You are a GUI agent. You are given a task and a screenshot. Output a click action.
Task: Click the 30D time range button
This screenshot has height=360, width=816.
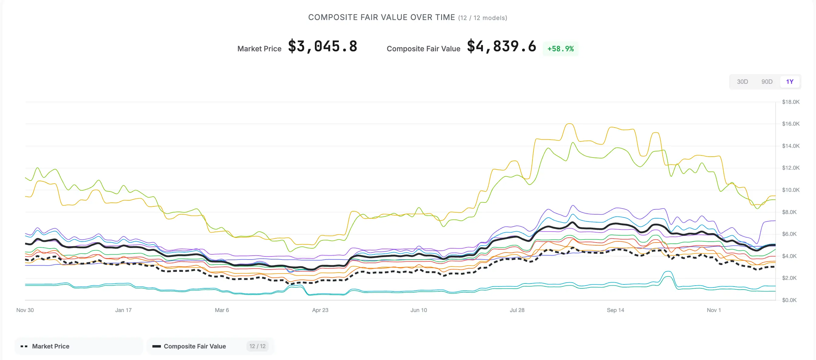tap(742, 82)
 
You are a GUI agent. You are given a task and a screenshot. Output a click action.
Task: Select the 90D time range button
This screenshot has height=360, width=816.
tap(767, 82)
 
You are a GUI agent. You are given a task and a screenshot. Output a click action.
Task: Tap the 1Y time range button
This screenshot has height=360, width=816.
tap(789, 82)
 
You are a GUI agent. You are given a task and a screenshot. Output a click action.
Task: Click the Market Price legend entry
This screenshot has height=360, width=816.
tap(50, 346)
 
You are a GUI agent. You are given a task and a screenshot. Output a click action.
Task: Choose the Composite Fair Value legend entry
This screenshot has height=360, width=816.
tap(195, 346)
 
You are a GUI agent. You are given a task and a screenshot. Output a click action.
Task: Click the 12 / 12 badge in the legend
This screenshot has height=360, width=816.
tap(257, 346)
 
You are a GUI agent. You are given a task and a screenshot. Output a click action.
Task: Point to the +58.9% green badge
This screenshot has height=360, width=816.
tap(560, 49)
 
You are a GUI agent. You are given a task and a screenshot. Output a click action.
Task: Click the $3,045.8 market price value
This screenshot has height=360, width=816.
tap(322, 46)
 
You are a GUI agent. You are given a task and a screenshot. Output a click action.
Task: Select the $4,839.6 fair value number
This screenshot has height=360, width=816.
tap(501, 46)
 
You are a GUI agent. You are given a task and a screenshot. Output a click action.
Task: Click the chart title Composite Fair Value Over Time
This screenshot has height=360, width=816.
tap(381, 17)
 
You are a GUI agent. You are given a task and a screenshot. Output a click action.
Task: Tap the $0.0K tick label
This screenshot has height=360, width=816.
tap(789, 300)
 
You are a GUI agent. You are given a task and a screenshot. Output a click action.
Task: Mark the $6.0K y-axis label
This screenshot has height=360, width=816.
tap(789, 234)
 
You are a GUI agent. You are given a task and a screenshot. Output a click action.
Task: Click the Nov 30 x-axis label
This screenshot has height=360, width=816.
tap(25, 310)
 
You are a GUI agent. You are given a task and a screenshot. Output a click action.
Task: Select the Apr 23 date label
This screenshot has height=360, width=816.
tap(320, 310)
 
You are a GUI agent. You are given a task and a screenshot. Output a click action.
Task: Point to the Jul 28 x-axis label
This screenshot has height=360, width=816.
tap(517, 310)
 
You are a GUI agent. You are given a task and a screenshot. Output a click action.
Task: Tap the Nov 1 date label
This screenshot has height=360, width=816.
tap(714, 310)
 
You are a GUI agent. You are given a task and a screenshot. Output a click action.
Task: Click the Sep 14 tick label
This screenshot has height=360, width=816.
tap(615, 310)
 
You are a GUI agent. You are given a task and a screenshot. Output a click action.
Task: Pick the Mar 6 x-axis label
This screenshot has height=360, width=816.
tap(222, 310)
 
